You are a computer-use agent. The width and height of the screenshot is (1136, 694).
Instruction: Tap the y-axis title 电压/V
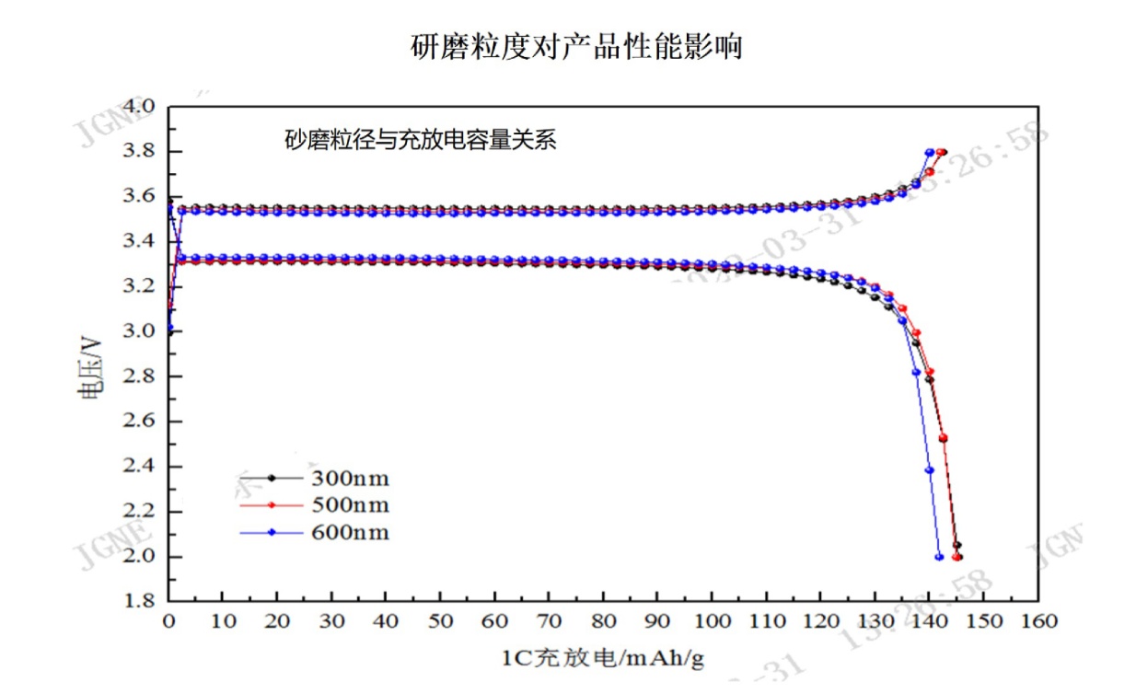click(89, 366)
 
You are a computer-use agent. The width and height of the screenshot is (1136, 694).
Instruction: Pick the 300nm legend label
click(350, 478)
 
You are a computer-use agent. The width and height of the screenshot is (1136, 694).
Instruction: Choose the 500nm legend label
click(350, 505)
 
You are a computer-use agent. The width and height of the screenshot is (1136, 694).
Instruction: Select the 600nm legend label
click(350, 533)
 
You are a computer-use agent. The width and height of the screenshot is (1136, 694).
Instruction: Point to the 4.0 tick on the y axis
click(141, 107)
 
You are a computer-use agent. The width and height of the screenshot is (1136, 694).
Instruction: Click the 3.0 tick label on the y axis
click(141, 331)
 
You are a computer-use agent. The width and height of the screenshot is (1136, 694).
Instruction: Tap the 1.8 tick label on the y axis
click(141, 601)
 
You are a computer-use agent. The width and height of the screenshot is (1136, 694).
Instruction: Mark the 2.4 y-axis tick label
click(141, 467)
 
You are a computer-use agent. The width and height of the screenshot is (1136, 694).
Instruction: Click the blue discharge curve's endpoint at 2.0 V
click(939, 556)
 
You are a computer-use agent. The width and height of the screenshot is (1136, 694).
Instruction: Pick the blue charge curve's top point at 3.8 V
click(930, 152)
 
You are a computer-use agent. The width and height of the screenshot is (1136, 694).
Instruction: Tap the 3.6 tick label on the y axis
click(141, 197)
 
